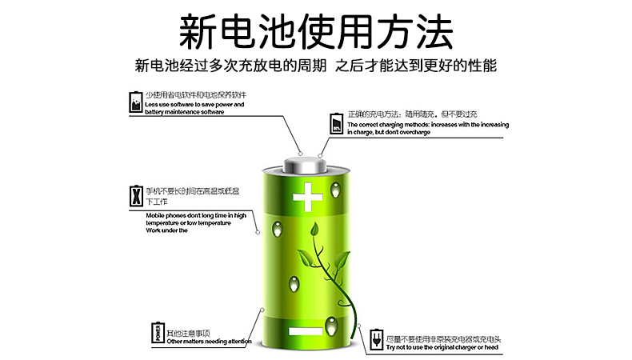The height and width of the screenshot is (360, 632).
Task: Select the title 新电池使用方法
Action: (x=316, y=31)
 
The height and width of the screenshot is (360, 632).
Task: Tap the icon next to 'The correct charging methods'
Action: (x=337, y=123)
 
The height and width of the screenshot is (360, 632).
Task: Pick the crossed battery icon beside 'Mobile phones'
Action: (x=135, y=197)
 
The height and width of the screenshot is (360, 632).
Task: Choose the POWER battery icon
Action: (x=158, y=333)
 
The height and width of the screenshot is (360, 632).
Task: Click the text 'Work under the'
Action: (x=166, y=230)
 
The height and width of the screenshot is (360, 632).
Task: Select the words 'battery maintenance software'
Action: (x=185, y=112)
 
